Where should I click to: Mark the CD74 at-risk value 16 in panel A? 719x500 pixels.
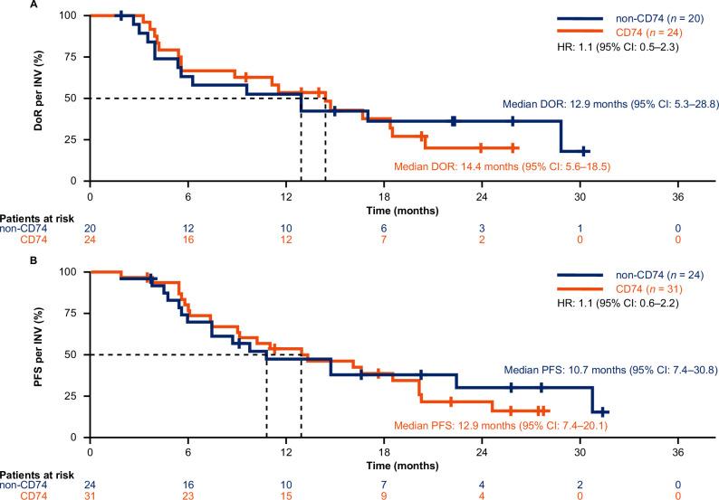187,241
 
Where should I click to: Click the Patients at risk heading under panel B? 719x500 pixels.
32,476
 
